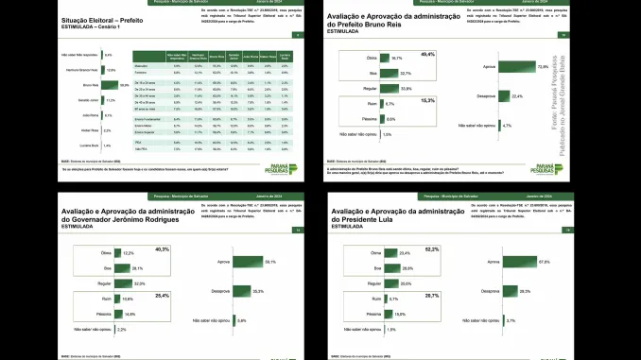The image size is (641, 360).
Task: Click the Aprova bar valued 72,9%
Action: click(x=511, y=67)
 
